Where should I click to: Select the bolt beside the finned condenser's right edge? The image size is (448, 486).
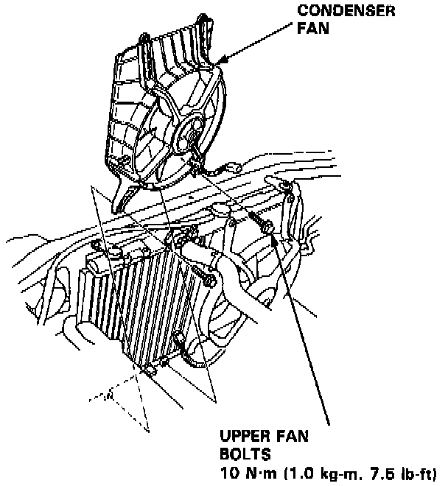pyautogui.click(x=207, y=279)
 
